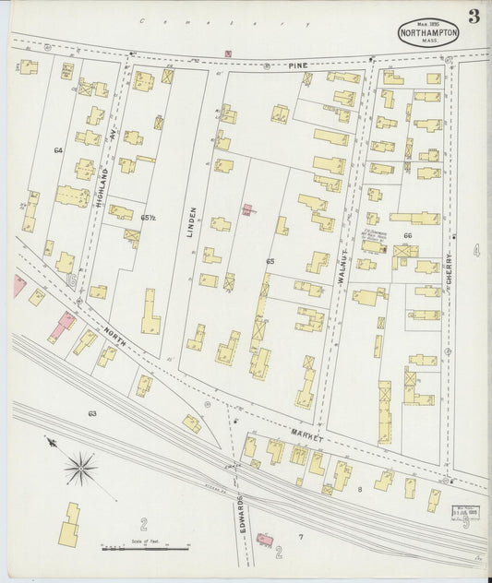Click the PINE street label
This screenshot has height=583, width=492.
tap(295, 66)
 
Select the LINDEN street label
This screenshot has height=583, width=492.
tap(192, 222)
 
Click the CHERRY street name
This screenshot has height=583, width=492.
tap(450, 273)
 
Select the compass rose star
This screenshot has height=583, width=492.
tap(80, 468)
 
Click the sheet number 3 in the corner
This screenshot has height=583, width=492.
tap(474, 16)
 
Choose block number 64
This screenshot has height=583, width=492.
tap(58, 149)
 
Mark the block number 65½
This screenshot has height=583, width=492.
tap(148, 218)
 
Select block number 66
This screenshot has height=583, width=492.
tap(407, 236)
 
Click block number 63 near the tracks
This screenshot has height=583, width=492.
tap(92, 414)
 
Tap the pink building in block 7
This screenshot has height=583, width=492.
tap(266, 537)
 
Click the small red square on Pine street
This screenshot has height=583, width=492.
tap(228, 54)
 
